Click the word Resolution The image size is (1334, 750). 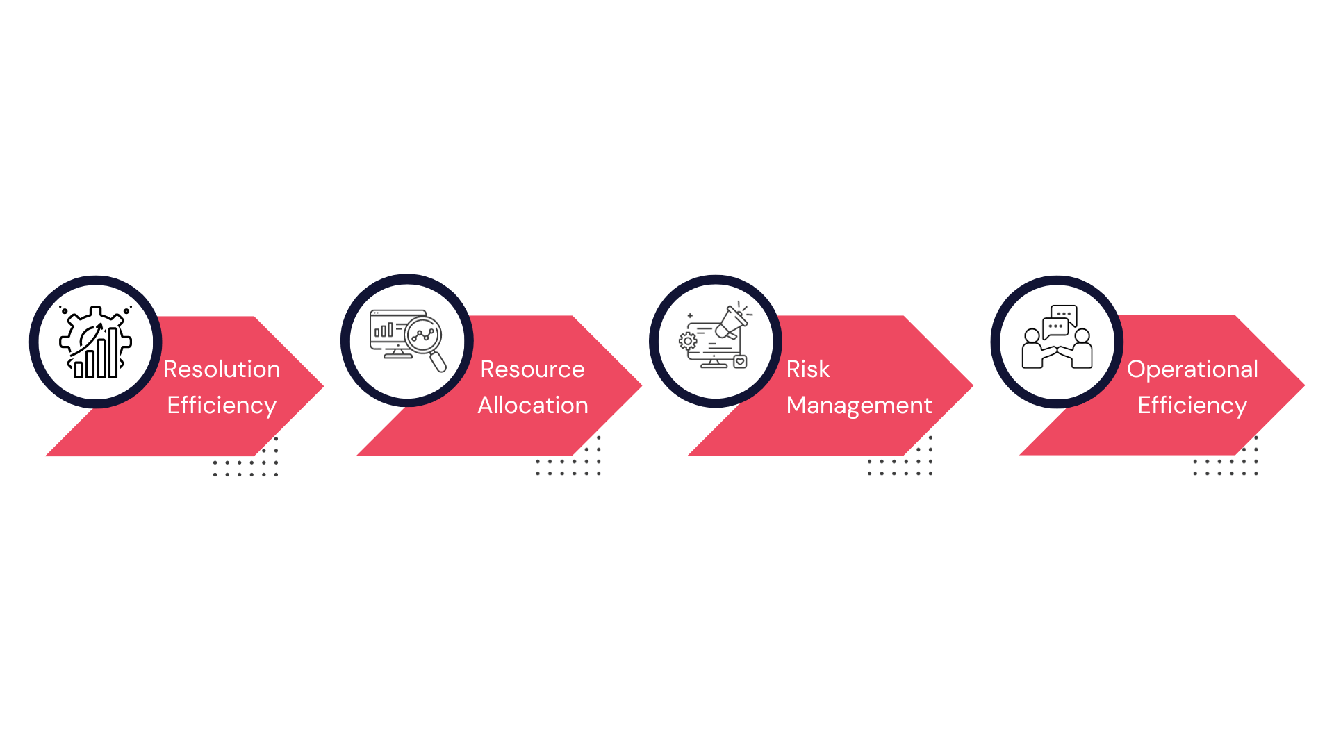point(222,369)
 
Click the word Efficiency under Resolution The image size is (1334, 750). point(222,405)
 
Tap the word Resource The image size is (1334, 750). point(532,369)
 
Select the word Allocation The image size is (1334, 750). point(532,405)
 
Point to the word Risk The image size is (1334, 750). point(807,369)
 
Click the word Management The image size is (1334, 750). point(859,405)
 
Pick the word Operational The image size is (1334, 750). point(1192,369)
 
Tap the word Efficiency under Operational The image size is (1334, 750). point(1192,405)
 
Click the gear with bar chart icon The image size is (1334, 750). point(96,342)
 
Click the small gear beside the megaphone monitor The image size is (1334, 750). point(688,341)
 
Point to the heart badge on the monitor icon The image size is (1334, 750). point(740,361)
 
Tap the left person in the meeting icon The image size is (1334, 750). point(1033,351)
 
